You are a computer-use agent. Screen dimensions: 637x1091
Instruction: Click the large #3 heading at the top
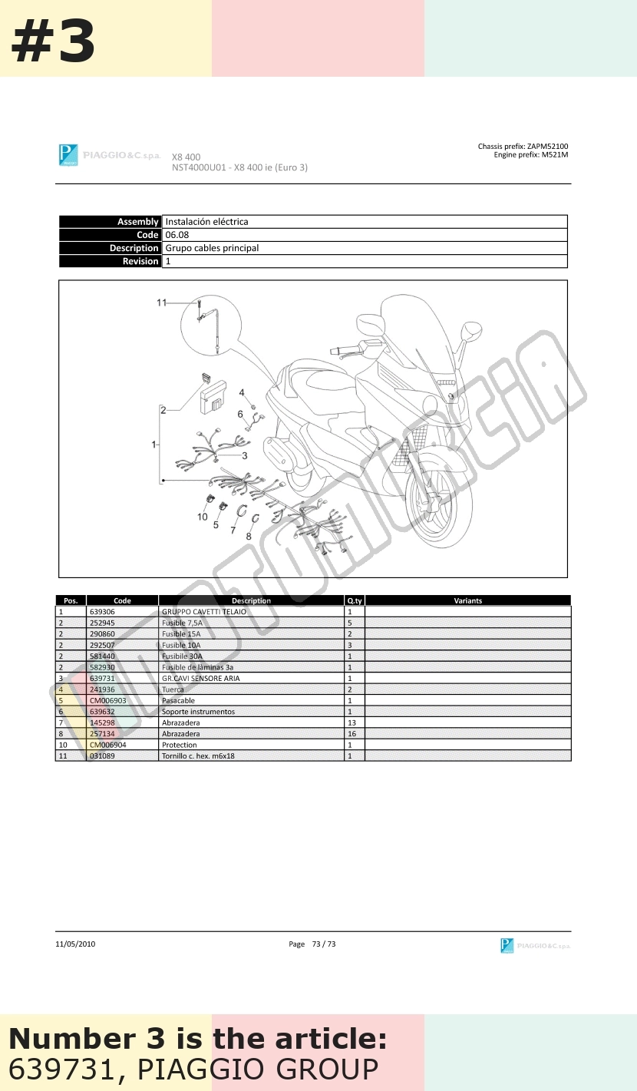click(x=53, y=41)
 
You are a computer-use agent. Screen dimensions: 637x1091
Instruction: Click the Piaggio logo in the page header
click(x=68, y=155)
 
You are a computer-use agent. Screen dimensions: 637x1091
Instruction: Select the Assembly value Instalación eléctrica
click(x=206, y=222)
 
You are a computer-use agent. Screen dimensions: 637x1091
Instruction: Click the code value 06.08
click(x=177, y=235)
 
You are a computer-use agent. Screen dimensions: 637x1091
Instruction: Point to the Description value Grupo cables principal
click(x=212, y=248)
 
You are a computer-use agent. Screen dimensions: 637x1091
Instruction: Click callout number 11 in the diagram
click(x=162, y=303)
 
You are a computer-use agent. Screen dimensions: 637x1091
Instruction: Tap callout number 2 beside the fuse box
click(x=163, y=411)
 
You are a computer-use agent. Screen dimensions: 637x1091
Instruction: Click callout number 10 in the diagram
click(x=203, y=517)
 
